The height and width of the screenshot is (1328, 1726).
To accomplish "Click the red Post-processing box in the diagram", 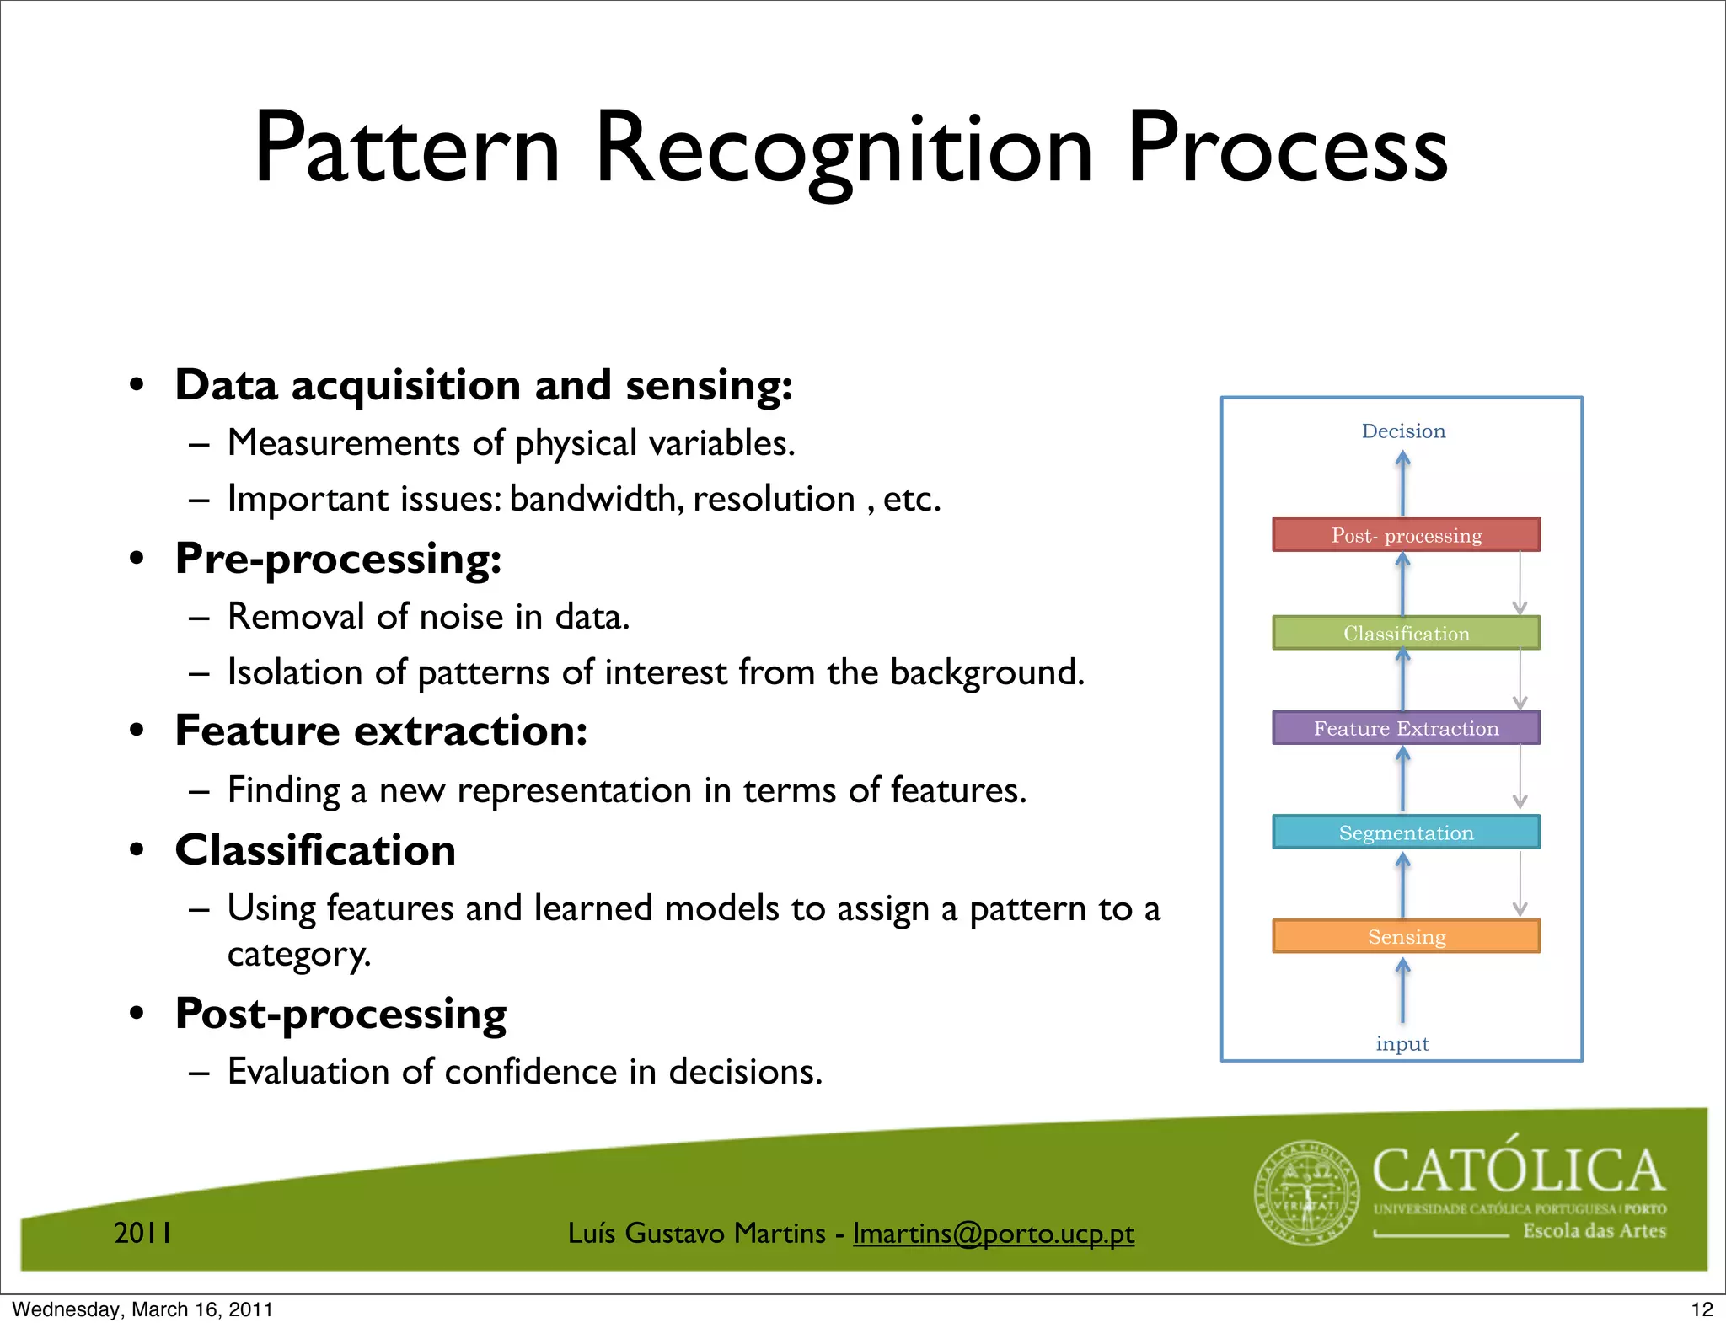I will coord(1406,535).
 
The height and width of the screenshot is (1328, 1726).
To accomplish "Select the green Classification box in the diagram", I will coord(1406,633).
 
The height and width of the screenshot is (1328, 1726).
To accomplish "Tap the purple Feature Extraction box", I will coord(1406,728).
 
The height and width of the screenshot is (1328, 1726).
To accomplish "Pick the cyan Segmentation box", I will coord(1406,833).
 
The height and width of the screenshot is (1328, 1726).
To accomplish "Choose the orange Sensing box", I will coord(1406,936).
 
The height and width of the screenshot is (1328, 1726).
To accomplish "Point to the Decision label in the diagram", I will coord(1403,431).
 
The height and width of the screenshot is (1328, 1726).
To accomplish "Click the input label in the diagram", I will coord(1402,1044).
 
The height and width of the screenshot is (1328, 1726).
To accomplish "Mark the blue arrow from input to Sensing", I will coord(1402,992).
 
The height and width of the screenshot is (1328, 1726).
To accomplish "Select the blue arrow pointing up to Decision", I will coord(1402,482).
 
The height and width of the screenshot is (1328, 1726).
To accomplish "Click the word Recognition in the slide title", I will coord(844,150).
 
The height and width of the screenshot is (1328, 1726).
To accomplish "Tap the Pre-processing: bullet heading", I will coord(338,560).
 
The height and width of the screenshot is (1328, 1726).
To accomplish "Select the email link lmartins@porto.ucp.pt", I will coord(993,1234).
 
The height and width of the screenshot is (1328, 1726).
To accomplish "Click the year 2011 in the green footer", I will coord(142,1233).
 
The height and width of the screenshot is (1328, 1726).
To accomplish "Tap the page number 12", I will coord(1702,1309).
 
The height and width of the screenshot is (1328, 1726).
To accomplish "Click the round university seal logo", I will coord(1307,1193).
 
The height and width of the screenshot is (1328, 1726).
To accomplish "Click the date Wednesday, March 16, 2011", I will coord(142,1309).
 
